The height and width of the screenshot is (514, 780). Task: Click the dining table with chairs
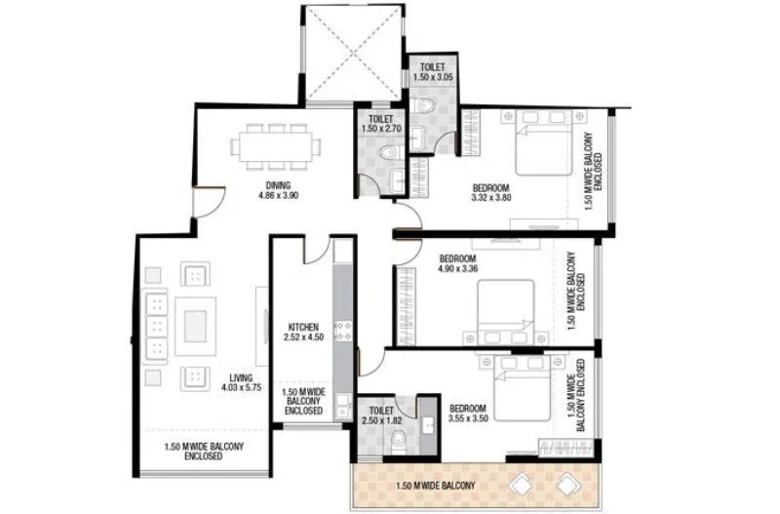pyautogui.click(x=275, y=147)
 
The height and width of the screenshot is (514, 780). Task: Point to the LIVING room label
pyautogui.click(x=241, y=377)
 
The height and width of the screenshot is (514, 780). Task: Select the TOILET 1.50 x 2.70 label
pyautogui.click(x=375, y=123)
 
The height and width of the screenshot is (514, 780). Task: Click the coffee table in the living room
pyautogui.click(x=195, y=323)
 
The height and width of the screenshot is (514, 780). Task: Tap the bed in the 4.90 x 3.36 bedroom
pyautogui.click(x=506, y=310)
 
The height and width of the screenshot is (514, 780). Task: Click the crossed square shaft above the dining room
pyautogui.click(x=351, y=54)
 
